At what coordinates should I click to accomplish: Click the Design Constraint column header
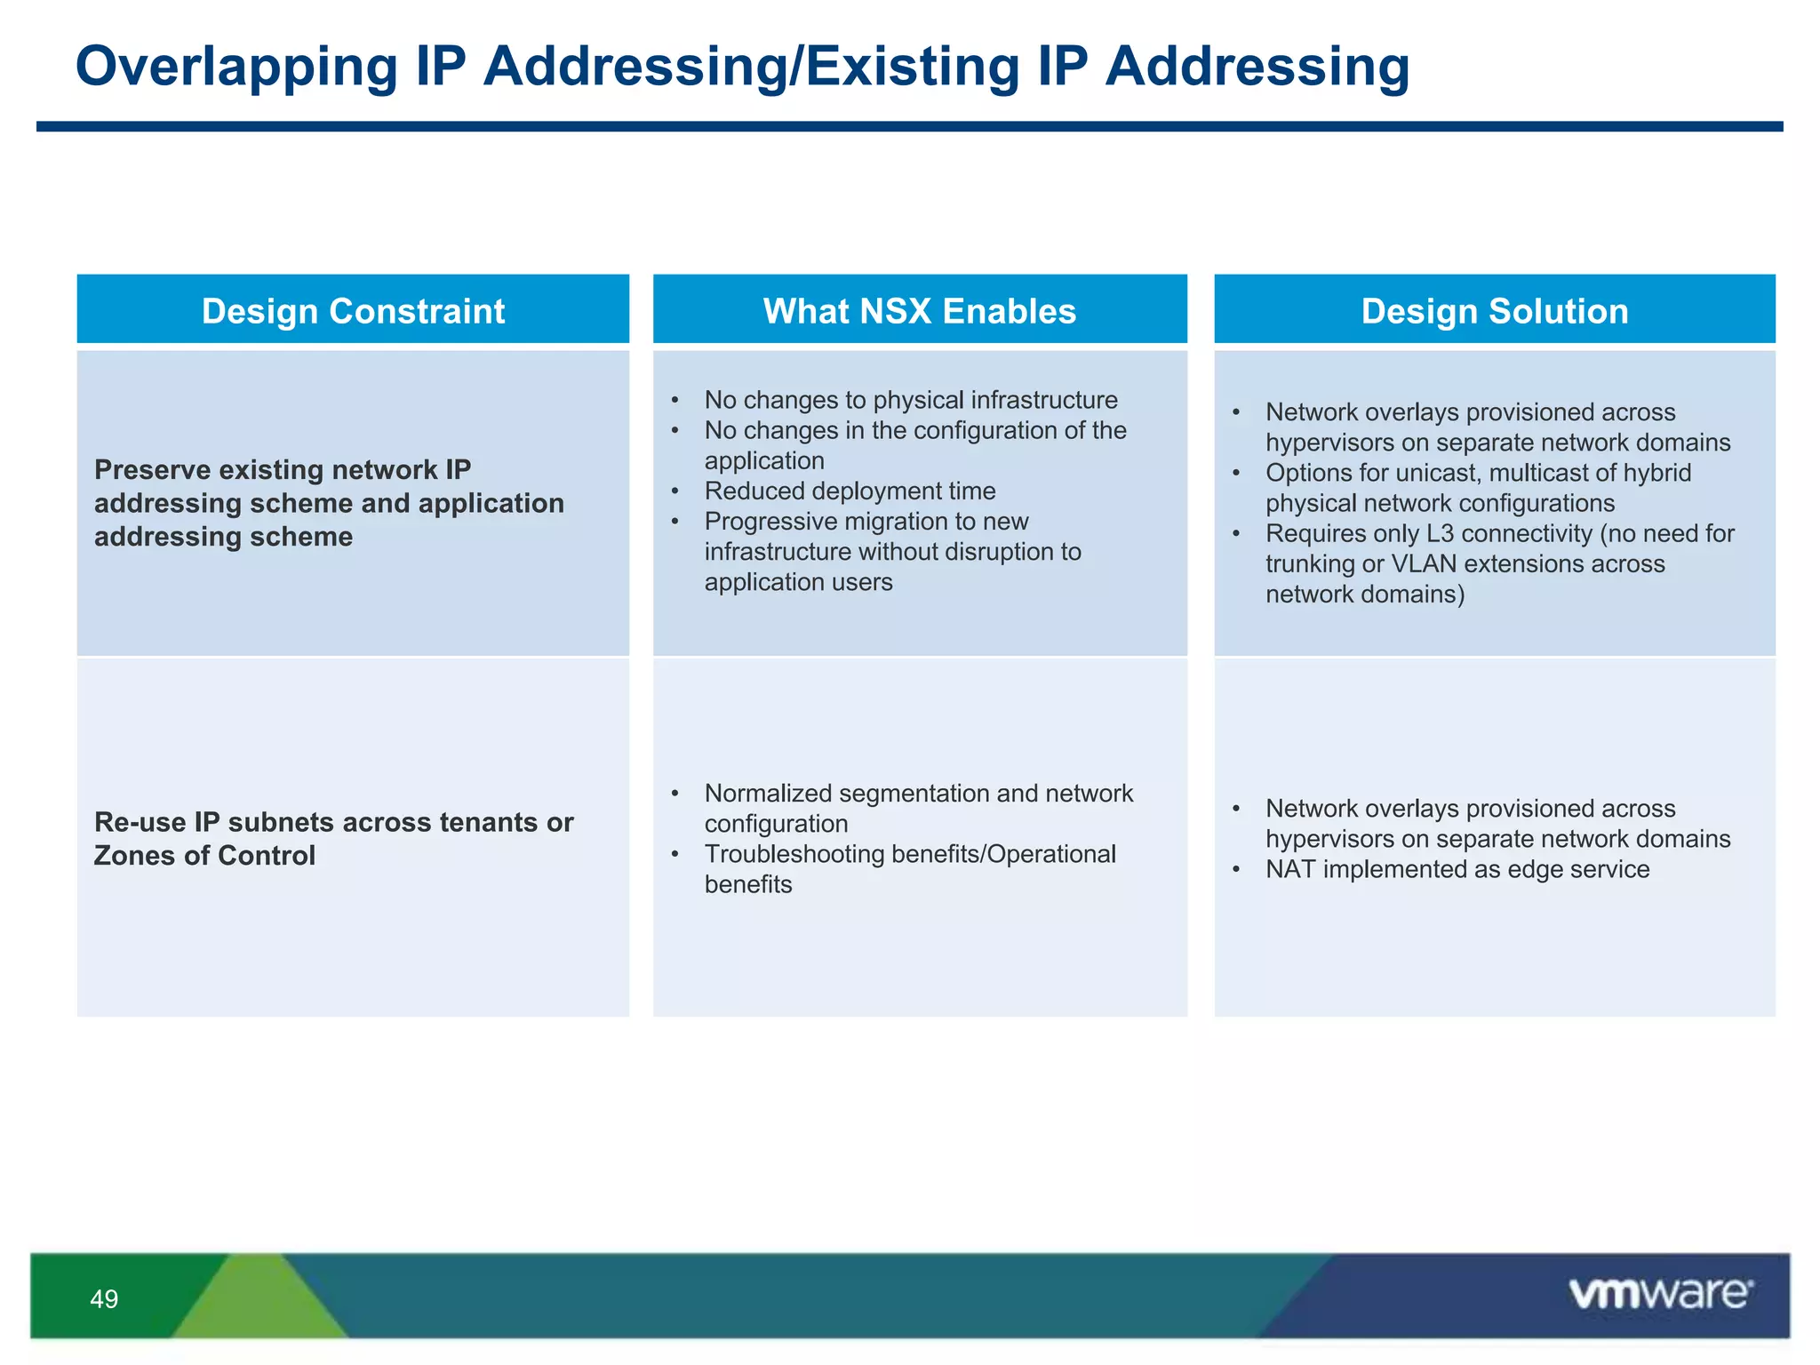coord(353,311)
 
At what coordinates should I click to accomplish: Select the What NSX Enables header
coord(919,311)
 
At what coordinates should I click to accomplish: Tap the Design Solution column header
coord(1494,311)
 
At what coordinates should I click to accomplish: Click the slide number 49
coord(104,1299)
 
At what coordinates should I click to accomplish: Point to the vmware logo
coord(1660,1294)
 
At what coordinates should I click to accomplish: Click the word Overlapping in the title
coord(236,67)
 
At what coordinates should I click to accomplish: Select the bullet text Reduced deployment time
coord(850,491)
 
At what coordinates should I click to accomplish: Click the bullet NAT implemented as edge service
coord(1457,869)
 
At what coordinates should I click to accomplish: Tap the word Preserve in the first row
coord(151,469)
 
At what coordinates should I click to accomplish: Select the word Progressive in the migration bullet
coord(765,522)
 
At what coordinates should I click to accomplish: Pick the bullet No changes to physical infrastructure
coord(910,400)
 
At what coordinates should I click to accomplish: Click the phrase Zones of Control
coord(204,856)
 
